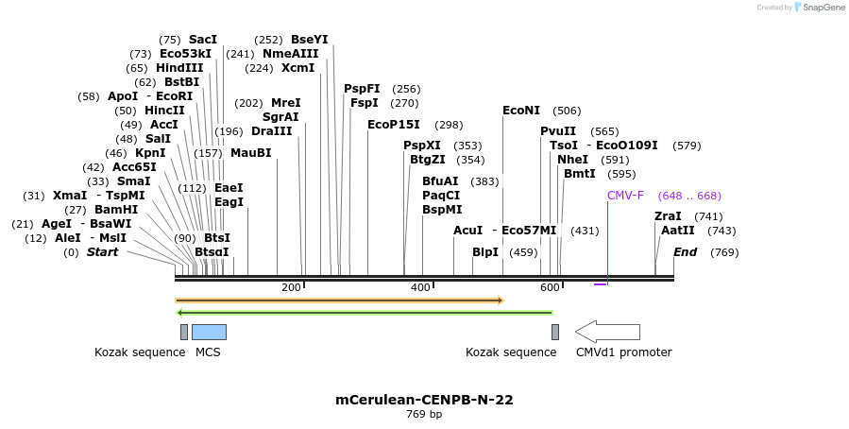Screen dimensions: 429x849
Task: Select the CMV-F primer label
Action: point(625,196)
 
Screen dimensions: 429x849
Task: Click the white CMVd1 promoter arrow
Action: point(607,332)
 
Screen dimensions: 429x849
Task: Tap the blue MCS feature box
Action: point(209,332)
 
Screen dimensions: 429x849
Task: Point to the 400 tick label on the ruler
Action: point(420,287)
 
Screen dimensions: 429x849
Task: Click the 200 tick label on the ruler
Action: point(291,287)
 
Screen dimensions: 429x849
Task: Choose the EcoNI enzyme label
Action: point(521,111)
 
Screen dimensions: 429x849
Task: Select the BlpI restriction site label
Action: point(485,252)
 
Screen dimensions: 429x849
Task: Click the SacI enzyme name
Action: point(202,40)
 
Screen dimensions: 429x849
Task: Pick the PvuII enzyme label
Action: point(558,131)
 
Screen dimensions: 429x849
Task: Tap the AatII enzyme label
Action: point(678,231)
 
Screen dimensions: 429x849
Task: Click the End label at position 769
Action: point(686,252)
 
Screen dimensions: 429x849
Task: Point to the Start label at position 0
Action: point(104,252)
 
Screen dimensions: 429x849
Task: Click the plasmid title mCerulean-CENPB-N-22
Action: point(424,400)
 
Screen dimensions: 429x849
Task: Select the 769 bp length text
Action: point(424,414)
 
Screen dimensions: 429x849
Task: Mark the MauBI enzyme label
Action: point(250,153)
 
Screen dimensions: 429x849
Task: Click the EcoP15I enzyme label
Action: point(394,125)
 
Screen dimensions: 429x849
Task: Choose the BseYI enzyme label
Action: point(310,40)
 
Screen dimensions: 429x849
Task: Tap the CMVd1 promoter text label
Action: point(623,352)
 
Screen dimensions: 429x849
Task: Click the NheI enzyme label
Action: point(572,160)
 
